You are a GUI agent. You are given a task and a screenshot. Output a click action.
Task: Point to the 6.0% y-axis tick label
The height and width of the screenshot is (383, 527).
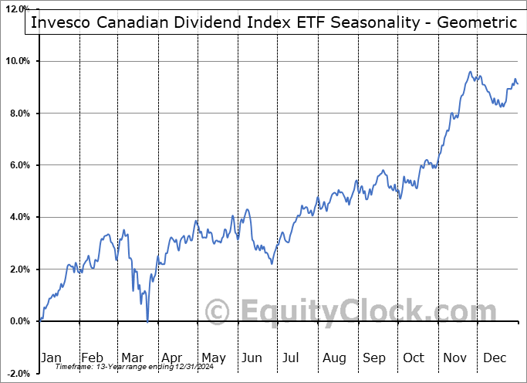pos(20,165)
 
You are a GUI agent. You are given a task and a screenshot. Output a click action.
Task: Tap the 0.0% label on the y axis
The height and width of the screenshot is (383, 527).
pos(20,321)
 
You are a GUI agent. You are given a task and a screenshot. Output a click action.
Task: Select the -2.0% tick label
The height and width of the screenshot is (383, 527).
pos(19,374)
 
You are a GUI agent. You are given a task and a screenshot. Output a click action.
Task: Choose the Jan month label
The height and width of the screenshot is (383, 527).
pos(52,358)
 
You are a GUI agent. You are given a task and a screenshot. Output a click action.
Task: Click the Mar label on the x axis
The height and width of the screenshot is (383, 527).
pos(131,358)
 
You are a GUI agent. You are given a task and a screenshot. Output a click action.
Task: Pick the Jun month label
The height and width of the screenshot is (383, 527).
pos(252,358)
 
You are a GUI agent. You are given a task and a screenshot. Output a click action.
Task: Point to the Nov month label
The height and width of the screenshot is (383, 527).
pos(455,358)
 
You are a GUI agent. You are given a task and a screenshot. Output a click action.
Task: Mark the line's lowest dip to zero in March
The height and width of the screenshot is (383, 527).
pos(147,321)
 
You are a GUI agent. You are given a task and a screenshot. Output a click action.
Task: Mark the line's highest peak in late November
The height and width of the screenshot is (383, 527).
pos(470,73)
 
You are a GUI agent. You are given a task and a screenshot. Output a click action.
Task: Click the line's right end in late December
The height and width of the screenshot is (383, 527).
pos(518,83)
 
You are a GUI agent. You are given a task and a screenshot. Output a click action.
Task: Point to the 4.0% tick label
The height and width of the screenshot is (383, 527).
pos(20,217)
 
